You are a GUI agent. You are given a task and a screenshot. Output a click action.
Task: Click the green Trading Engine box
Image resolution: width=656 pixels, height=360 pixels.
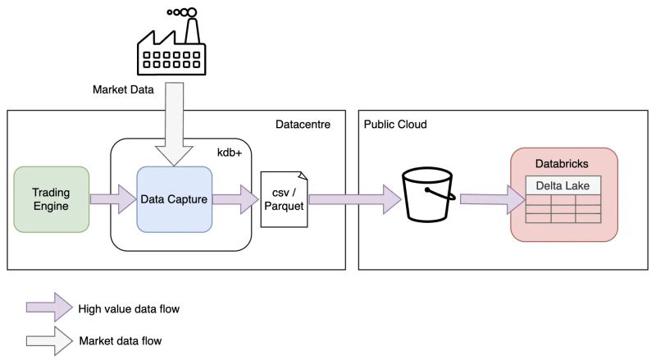pyautogui.click(x=51, y=199)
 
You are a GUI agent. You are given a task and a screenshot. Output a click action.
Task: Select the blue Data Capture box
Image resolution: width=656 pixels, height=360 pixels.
pyautogui.click(x=174, y=199)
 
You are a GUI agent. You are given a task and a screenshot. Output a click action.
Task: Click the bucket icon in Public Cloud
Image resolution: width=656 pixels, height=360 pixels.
pyautogui.click(x=428, y=200)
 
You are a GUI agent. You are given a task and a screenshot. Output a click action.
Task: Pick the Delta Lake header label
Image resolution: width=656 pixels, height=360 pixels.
pyautogui.click(x=563, y=186)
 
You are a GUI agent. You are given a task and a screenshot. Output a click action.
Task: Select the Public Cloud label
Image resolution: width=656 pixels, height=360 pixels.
pyautogui.click(x=396, y=124)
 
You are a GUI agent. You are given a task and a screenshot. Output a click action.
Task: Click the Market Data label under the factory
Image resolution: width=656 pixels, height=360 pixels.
pyautogui.click(x=122, y=89)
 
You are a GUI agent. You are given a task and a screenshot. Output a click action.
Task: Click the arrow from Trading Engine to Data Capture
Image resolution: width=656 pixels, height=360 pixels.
pyautogui.click(x=113, y=199)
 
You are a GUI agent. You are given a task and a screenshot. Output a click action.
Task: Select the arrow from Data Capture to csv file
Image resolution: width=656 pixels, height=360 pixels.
pyautogui.click(x=235, y=199)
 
